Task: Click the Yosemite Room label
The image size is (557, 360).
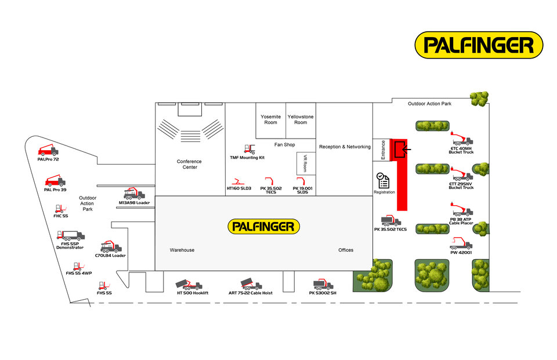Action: coord(270,119)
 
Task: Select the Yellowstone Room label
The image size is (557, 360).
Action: coord(301,119)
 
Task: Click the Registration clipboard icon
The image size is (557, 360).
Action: coord(384,180)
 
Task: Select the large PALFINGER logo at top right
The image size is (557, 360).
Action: coord(479,45)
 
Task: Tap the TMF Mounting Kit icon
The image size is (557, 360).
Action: coord(250,149)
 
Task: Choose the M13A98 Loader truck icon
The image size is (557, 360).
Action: coord(135,194)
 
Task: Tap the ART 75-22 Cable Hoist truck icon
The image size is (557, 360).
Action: coord(251,283)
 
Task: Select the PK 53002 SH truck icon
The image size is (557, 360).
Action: coord(323,284)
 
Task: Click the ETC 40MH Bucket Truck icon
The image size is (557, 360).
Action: coord(462,138)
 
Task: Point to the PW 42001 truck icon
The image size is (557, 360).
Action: coord(462,244)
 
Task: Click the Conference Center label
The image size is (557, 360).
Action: coord(189,164)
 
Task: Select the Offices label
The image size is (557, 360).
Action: coord(346,250)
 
